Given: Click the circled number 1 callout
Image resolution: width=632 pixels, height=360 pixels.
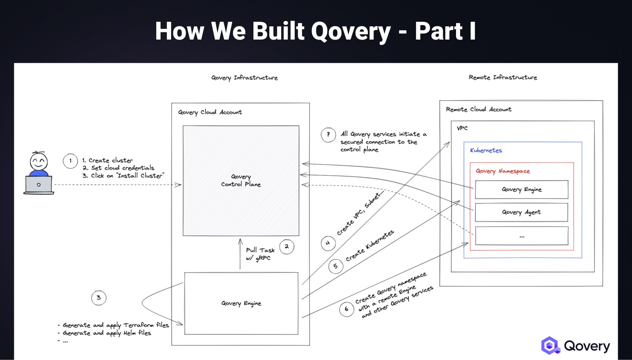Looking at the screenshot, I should click(70, 161).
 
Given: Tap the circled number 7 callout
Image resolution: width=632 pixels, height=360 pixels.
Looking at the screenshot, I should click(328, 135).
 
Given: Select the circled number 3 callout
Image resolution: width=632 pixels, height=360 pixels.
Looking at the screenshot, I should click(99, 298).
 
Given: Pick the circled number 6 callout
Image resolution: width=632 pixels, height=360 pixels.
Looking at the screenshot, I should click(346, 309).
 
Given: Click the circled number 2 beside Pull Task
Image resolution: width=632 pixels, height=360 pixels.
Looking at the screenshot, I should click(287, 246).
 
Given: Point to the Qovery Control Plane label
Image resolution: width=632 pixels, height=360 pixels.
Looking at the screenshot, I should click(241, 181).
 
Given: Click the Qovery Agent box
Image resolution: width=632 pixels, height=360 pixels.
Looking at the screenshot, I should click(521, 212).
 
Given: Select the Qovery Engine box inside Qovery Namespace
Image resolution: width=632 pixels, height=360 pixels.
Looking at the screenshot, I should click(521, 190).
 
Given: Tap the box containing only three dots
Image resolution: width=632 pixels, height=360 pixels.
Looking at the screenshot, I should click(521, 236).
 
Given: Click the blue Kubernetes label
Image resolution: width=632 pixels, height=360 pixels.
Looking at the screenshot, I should click(486, 150).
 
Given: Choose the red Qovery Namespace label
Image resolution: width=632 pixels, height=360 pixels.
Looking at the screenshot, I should click(503, 171).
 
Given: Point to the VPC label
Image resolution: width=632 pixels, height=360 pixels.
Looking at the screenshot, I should click(462, 128).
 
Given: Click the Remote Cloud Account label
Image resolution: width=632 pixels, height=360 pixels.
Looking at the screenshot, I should click(478, 109).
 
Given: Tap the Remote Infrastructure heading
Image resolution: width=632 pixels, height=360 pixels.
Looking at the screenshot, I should click(503, 77).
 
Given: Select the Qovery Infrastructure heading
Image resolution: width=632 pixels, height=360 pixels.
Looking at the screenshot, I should click(244, 78).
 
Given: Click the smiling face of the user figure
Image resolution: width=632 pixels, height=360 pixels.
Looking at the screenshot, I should click(39, 161).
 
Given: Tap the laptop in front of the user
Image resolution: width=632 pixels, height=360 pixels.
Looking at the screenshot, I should click(39, 185).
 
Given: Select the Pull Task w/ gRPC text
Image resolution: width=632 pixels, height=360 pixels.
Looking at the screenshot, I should click(260, 254).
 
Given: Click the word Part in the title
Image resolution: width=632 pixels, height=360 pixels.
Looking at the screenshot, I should click(439, 31).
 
